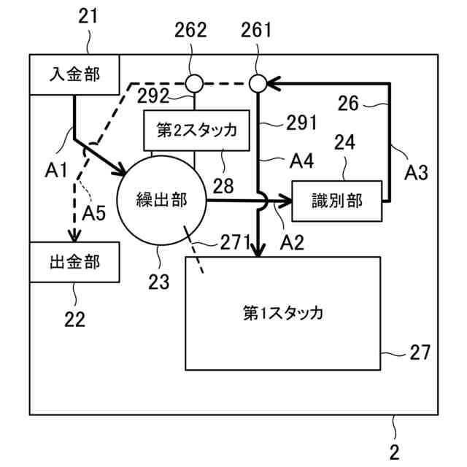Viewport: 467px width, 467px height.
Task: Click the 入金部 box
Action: (x=74, y=74)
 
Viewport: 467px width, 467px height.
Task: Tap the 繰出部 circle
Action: (x=162, y=199)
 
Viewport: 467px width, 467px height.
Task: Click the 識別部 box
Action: (x=337, y=200)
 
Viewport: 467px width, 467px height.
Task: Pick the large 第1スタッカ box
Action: (x=283, y=313)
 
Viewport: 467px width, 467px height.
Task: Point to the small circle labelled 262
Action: (x=193, y=83)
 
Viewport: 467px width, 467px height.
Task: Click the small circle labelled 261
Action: (x=257, y=83)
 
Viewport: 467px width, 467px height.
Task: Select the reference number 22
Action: (x=74, y=318)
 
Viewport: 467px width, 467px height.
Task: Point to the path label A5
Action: (x=95, y=214)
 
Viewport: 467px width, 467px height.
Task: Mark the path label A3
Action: (x=417, y=173)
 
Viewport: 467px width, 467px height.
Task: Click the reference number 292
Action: (x=154, y=96)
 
